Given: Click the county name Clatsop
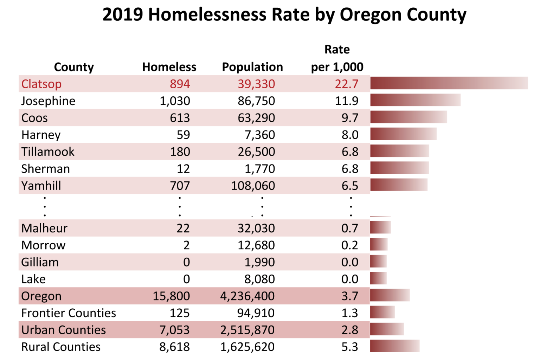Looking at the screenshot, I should pos(41,84).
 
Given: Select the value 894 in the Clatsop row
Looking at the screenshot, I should pos(180,84).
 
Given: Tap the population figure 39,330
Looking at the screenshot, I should pos(256,84).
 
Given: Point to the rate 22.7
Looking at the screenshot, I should pos(346,84).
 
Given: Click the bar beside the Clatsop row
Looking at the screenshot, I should pos(449,83).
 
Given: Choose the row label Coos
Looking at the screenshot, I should pos(34,118).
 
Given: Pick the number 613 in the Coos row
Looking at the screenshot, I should pos(180,118).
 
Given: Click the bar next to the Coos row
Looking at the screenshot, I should pos(409,117).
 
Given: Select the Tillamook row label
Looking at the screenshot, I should pos(48,152).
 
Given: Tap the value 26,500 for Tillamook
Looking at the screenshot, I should pos(256,152).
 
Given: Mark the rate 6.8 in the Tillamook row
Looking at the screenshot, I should pos(350,152).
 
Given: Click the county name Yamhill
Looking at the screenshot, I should pos(41,186).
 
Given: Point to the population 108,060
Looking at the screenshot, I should pos(253,186).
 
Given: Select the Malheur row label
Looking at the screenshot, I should pos(44,228).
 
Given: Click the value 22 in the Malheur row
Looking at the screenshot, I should pos(183,228).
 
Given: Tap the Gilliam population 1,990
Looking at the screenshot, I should pos(259,262).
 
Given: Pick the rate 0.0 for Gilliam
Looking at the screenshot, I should pos(350,262).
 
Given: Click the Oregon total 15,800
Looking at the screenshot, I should pos(171,296).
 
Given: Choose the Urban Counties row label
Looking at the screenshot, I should pos(64,330).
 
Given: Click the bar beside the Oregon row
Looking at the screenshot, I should pos(390,295).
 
